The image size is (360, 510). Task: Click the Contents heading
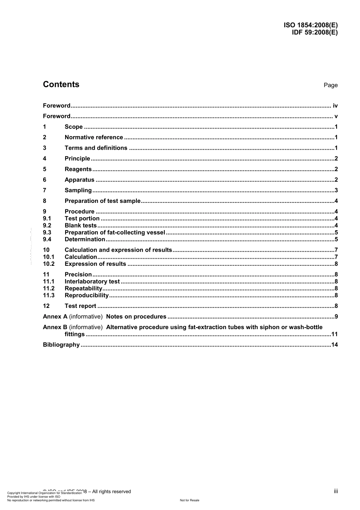point(61,85)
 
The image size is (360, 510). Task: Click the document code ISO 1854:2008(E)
point(310,25)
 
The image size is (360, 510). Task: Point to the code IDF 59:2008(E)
point(315,32)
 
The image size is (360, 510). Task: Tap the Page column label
point(330,85)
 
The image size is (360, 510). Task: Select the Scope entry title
point(74,127)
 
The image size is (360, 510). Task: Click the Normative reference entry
point(94,138)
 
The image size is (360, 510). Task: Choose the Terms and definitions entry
point(96,148)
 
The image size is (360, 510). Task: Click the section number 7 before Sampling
point(45,190)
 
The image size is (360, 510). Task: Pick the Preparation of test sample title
point(102,201)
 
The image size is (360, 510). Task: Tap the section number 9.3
point(47,232)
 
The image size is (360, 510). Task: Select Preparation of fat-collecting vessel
point(115,232)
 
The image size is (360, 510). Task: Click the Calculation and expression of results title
point(118,250)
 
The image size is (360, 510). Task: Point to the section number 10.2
point(49,264)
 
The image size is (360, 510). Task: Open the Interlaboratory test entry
point(92,281)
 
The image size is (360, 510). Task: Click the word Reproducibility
point(87,295)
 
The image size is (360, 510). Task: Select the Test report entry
point(80,306)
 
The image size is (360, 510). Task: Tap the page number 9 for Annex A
point(336,317)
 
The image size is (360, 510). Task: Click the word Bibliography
point(61,345)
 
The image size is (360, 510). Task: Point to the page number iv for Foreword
point(335,106)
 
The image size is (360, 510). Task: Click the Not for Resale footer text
point(189,500)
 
